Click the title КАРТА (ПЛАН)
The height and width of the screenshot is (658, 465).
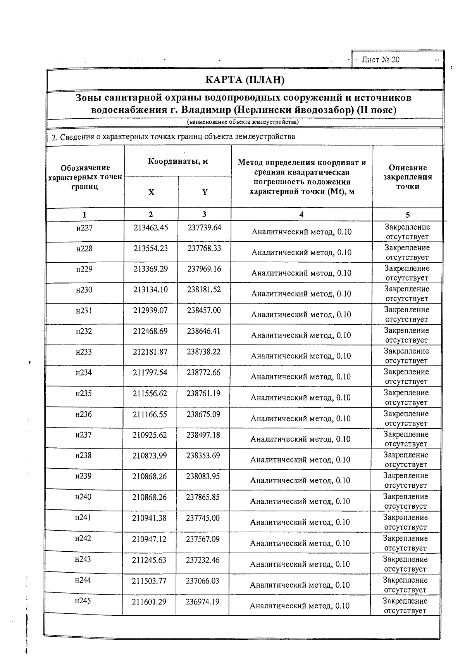(245, 80)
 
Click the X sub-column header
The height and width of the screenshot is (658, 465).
(152, 192)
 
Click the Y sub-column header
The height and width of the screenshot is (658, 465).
(205, 192)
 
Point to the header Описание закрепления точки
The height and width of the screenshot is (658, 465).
(408, 177)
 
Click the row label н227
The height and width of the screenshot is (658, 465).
(84, 228)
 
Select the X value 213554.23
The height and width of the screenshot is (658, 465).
(151, 248)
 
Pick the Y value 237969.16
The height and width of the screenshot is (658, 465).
(204, 269)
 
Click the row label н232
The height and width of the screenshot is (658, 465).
(84, 331)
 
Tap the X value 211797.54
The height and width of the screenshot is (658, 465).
(150, 373)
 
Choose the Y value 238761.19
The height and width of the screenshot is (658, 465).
(203, 393)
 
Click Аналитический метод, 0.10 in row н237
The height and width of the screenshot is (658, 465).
(300, 439)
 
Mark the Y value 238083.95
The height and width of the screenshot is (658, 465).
(203, 476)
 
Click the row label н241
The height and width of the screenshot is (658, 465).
(83, 518)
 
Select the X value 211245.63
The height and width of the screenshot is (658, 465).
(149, 559)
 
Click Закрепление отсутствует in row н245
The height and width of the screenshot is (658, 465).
(405, 606)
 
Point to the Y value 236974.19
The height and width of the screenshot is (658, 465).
(203, 601)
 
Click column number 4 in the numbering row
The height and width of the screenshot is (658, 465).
(301, 215)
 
